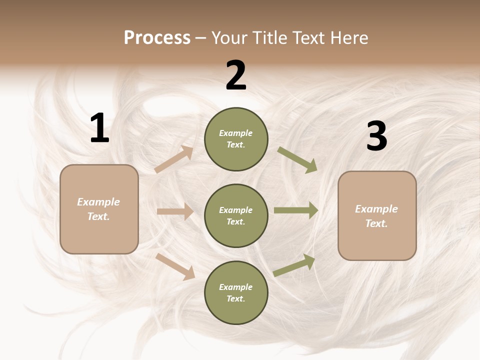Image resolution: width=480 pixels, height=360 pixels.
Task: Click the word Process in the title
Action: (x=157, y=38)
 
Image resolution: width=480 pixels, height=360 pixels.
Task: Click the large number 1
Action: (x=99, y=128)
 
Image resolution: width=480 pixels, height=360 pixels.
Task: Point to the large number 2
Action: (x=236, y=75)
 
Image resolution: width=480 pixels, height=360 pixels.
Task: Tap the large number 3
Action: (x=376, y=136)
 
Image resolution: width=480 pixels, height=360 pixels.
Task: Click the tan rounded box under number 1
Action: (x=99, y=209)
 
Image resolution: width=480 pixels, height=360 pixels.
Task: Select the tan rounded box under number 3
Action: (x=377, y=216)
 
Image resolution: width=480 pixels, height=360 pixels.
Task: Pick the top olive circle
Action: (x=236, y=139)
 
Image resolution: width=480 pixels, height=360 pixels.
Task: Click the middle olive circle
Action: (x=236, y=216)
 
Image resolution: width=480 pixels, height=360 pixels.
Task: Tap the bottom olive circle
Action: (x=236, y=293)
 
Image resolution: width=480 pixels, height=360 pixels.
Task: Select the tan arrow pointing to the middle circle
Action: (x=175, y=211)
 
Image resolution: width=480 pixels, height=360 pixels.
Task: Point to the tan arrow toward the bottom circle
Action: (x=175, y=266)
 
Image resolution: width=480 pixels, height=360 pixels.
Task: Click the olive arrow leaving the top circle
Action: (x=297, y=159)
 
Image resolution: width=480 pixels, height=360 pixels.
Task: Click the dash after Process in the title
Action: (x=201, y=38)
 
